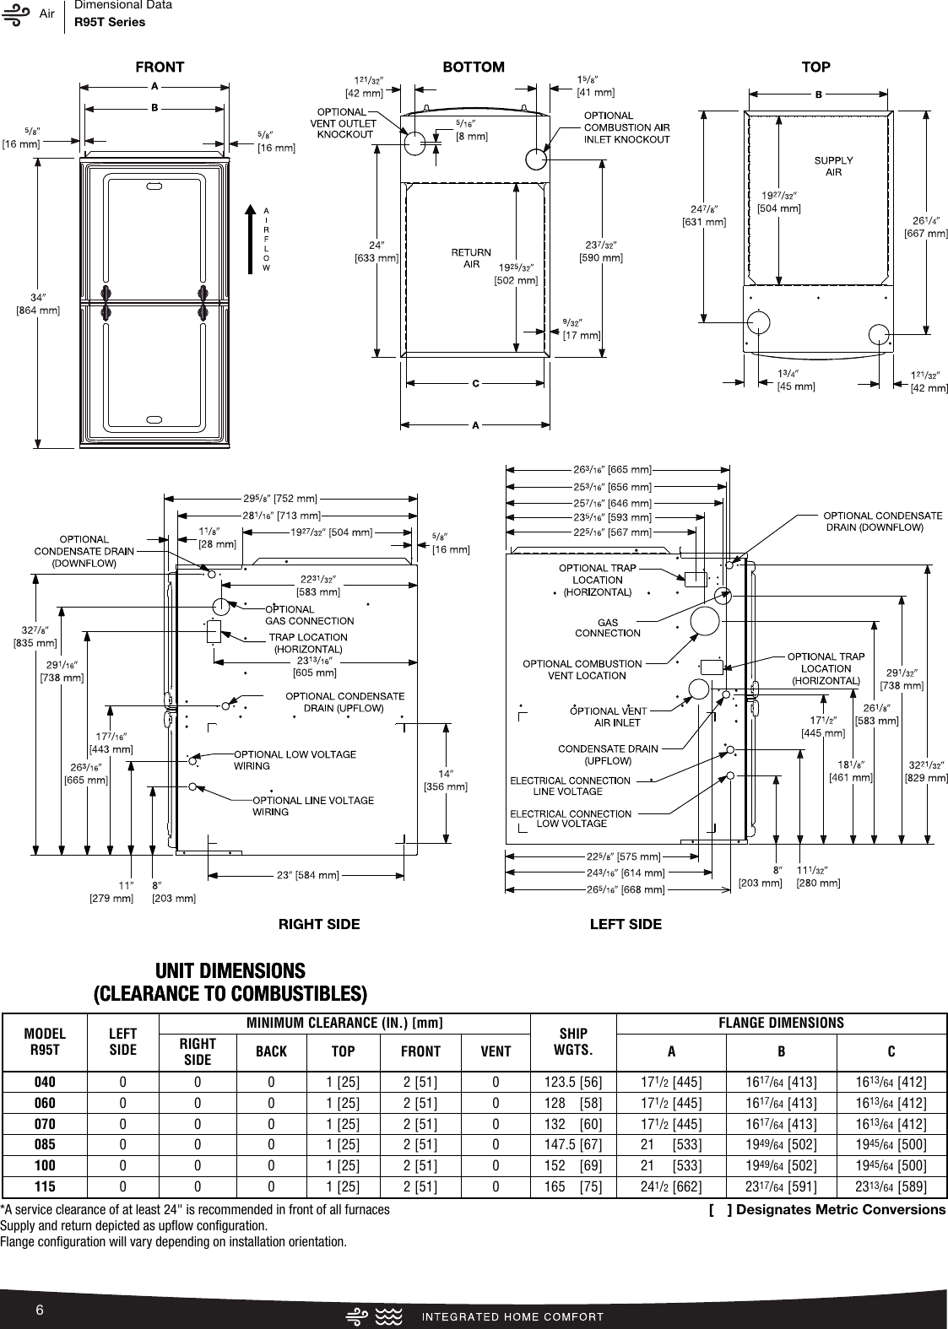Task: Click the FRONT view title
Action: click(x=160, y=67)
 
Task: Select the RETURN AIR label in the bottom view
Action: click(x=471, y=258)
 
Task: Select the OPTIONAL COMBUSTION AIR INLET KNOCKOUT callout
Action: click(x=627, y=127)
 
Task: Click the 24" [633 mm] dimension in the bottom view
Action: click(x=376, y=251)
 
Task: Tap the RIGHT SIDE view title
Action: click(x=319, y=924)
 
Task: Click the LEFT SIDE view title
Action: click(x=626, y=924)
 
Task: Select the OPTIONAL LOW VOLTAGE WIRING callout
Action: click(x=295, y=759)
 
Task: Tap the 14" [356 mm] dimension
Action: click(x=445, y=780)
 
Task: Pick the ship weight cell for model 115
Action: click(x=573, y=1186)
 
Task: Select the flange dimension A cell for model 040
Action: click(x=671, y=1082)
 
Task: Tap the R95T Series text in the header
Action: click(x=110, y=22)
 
